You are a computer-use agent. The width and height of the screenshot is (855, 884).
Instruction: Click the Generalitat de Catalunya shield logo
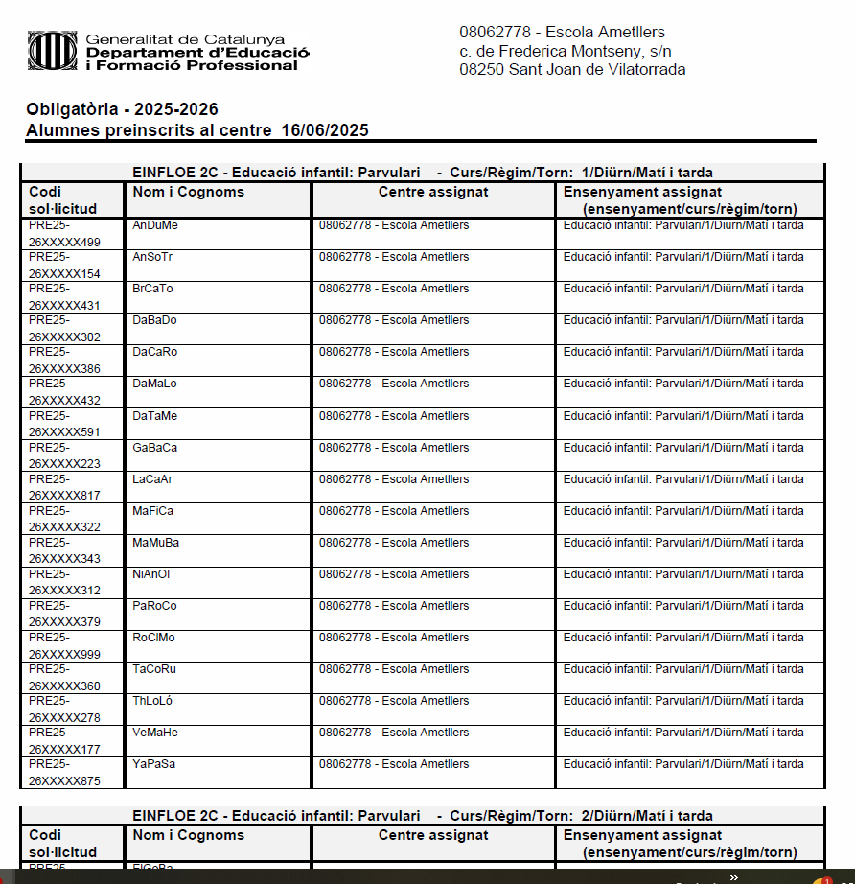[53, 51]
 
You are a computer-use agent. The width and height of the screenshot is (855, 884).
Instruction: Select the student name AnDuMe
[155, 225]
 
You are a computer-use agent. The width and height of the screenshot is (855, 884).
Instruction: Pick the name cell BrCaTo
[153, 289]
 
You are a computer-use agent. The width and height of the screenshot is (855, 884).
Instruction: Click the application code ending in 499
[64, 243]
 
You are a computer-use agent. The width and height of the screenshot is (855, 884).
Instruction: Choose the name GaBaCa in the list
[155, 448]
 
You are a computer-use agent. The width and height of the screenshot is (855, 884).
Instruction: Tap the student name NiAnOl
[151, 574]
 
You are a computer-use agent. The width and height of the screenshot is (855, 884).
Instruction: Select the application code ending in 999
[64, 655]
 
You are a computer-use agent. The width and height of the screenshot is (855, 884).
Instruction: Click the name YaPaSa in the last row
[154, 764]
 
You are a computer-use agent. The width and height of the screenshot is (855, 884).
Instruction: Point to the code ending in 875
[64, 781]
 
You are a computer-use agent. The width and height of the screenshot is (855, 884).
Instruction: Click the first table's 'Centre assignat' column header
[433, 192]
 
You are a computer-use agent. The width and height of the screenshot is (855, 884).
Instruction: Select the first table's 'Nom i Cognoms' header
[188, 192]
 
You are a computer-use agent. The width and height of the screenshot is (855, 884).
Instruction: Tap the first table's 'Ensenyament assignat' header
[642, 192]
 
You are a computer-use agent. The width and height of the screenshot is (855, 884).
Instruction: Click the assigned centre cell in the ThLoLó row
[394, 701]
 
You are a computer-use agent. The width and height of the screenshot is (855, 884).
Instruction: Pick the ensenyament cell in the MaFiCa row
[683, 511]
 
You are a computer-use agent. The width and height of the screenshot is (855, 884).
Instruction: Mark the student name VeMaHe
[155, 733]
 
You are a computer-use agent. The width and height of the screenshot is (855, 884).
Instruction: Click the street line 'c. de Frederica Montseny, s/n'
[566, 51]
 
